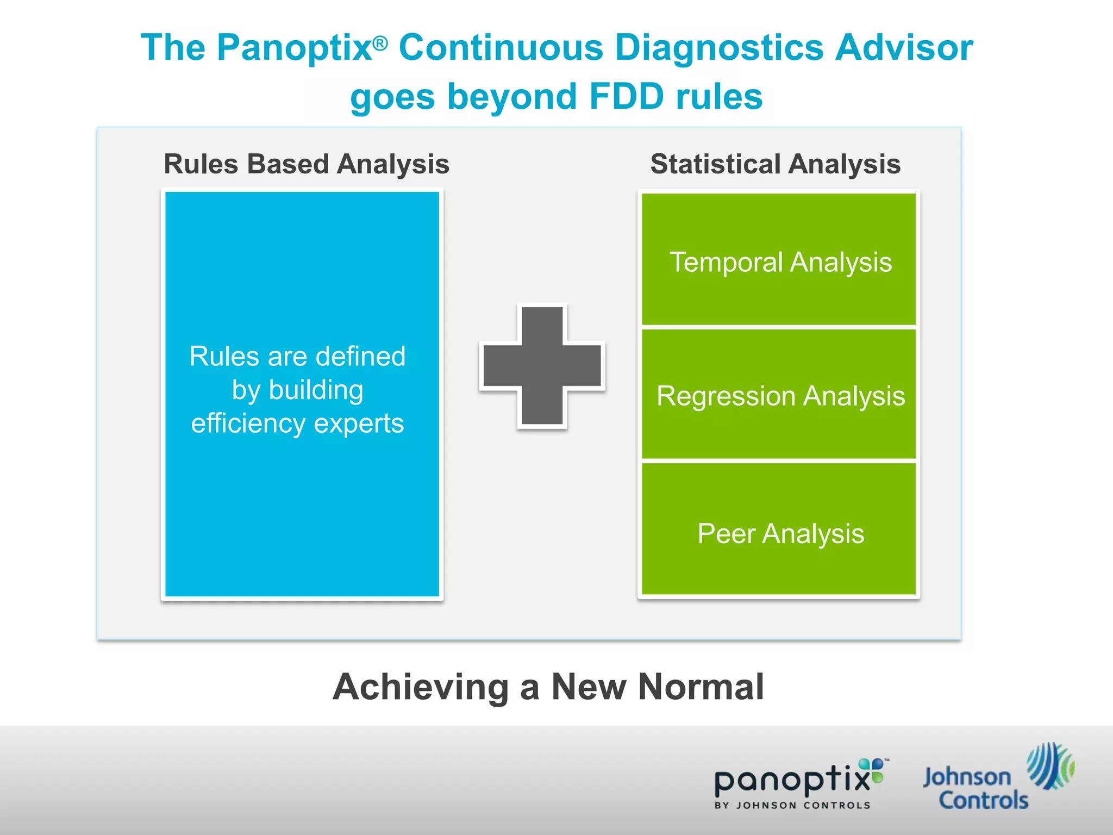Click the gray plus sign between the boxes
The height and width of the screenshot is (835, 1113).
pos(542,366)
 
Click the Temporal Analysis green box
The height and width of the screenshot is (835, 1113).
pos(779,260)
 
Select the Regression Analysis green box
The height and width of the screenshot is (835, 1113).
pos(779,395)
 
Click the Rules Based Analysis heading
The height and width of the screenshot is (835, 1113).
pos(306,164)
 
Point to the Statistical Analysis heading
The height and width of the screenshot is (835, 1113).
pos(775,164)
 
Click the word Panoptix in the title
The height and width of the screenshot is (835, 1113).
pos(294,48)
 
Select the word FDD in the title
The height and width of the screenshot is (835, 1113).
pos(626,97)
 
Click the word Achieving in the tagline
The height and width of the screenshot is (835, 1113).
pos(421,687)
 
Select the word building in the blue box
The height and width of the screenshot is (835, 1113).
pos(316,390)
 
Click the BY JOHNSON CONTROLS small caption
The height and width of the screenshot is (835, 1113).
pos(792,806)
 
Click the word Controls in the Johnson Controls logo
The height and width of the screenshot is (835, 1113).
pos(983,800)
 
